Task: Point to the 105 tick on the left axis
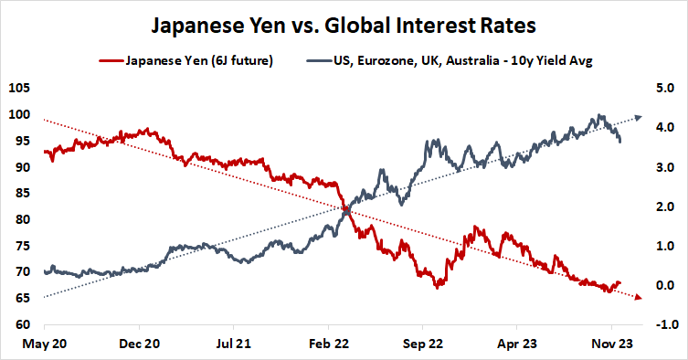click(x=18, y=89)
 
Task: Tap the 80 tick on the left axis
click(x=21, y=219)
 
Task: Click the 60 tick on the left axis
click(x=21, y=324)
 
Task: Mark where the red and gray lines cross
click(x=346, y=210)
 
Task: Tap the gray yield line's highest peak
click(x=599, y=115)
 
